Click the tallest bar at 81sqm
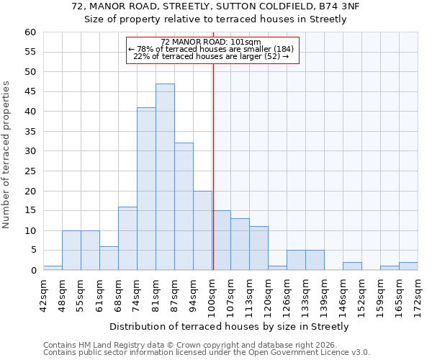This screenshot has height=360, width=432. (x=165, y=177)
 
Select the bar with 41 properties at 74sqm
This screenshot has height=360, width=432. (x=146, y=189)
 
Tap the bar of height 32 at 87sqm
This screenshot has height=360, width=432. (x=184, y=207)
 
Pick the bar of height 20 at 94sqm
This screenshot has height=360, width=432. (x=202, y=230)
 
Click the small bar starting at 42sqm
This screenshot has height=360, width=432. (x=53, y=268)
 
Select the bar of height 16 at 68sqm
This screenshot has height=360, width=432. (x=127, y=238)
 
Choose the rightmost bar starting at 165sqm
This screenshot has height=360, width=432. (x=408, y=266)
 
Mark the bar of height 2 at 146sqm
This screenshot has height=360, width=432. (x=352, y=266)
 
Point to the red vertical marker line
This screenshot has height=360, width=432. (x=213, y=166)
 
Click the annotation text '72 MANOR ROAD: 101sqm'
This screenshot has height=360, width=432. (x=211, y=42)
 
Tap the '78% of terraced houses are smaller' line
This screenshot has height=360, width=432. (x=211, y=49)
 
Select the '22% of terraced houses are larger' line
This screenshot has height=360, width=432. (x=211, y=56)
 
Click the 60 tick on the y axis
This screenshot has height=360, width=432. (x=30, y=32)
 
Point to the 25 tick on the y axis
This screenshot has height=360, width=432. (x=30, y=171)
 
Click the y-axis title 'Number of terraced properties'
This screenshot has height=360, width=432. (x=6, y=155)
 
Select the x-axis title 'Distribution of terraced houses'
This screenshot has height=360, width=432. (x=228, y=326)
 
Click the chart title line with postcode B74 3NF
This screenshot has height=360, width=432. (x=215, y=6)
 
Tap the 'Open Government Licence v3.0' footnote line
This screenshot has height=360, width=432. (x=207, y=352)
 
